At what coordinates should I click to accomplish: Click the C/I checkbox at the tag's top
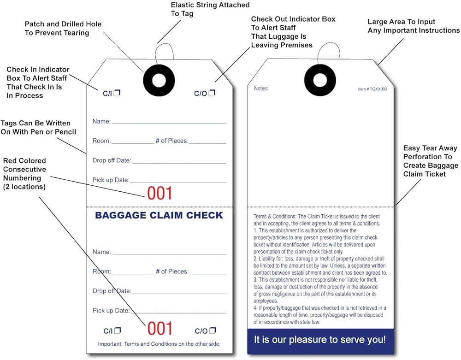pos(117,93)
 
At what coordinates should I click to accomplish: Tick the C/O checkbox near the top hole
pos(212,93)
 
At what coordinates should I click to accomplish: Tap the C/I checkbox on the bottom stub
pos(118,330)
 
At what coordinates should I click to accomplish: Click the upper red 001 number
pos(160,194)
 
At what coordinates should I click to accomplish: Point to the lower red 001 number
pos(160,329)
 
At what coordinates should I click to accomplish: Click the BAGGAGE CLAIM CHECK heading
pos(159,215)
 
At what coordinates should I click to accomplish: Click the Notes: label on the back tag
pos(261,89)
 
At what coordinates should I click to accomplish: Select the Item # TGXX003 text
pos(372,89)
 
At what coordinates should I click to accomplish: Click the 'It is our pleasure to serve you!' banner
pos(320,340)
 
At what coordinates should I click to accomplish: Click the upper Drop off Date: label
pos(112,160)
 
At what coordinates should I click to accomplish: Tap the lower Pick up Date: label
pos(111,311)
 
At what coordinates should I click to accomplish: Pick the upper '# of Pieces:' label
pos(171,141)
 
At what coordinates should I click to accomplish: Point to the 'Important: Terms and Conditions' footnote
pos(159,344)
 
